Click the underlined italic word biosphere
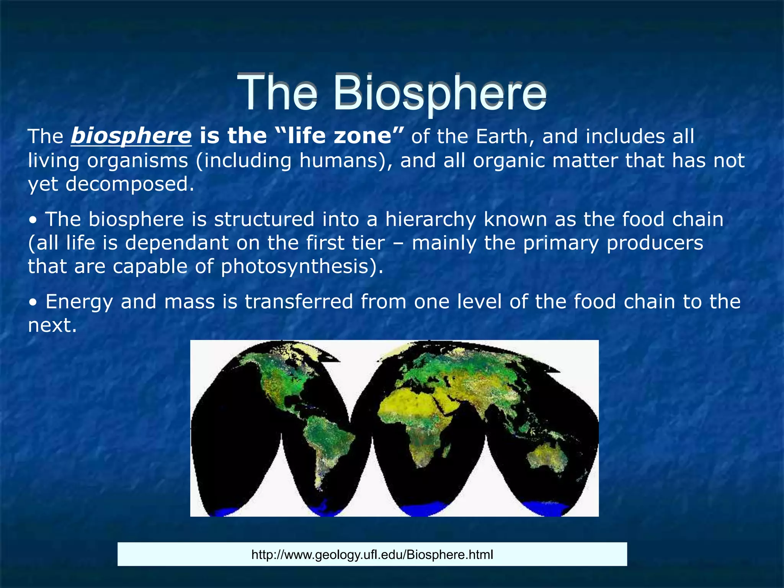(x=131, y=136)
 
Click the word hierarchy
(x=430, y=219)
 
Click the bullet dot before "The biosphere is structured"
(x=34, y=221)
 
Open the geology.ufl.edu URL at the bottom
(x=372, y=554)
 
